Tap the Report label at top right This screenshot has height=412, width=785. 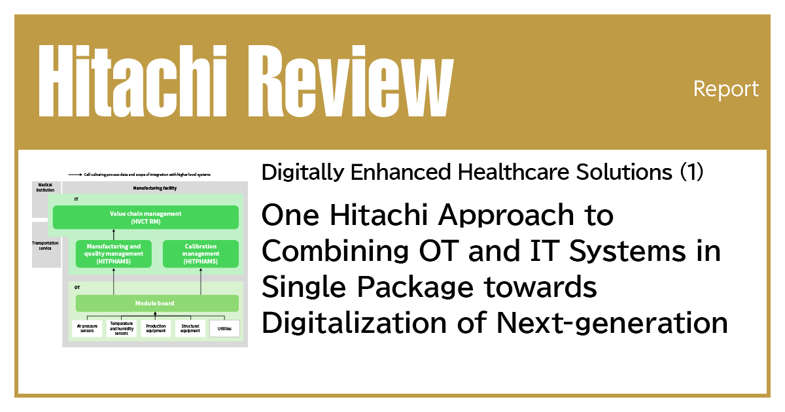point(726,88)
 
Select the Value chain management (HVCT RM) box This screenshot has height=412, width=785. point(145,217)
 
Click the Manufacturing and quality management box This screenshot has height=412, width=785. point(113,254)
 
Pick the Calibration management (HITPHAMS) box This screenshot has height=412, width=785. point(200,254)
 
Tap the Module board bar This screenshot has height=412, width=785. point(157,303)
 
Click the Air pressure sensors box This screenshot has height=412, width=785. point(87,328)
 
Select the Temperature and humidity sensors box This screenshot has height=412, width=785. point(121,328)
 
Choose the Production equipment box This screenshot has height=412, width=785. point(156,328)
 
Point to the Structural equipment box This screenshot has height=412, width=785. point(190,328)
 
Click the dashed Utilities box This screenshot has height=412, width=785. point(224,328)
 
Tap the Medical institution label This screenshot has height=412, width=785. point(45,188)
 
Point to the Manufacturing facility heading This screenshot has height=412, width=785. point(155,188)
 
